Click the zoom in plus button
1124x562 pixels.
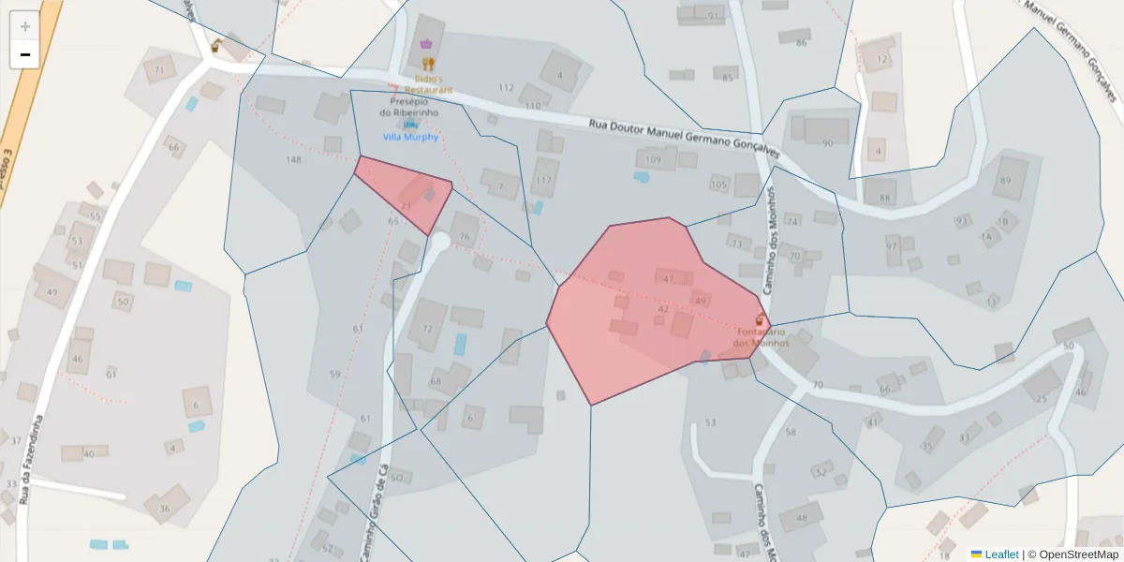(x=25, y=26)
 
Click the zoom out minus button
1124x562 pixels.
(x=25, y=54)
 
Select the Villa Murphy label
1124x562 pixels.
(x=410, y=137)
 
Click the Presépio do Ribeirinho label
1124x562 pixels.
(x=404, y=107)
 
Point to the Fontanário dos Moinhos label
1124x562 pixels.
(x=761, y=337)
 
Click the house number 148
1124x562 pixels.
(x=293, y=160)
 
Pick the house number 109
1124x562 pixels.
(x=654, y=160)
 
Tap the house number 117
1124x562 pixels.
(x=543, y=180)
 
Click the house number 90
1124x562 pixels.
(x=827, y=143)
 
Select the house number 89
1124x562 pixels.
(x=1006, y=181)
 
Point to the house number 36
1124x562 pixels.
(x=165, y=509)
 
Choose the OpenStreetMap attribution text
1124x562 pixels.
(x=1078, y=555)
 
